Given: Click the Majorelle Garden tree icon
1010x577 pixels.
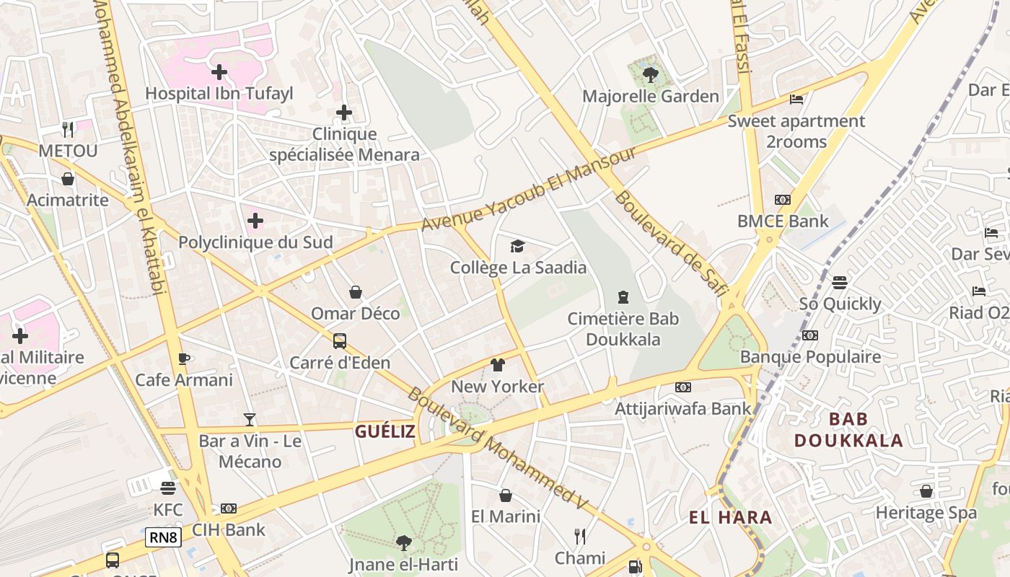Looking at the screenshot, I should [650, 74].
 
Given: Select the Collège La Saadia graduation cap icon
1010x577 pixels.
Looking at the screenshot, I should [517, 247].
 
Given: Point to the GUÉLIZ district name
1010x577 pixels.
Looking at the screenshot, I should [385, 431].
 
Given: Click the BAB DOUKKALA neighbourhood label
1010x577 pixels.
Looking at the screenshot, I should [848, 430].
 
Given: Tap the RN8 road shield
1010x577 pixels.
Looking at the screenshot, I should [163, 537].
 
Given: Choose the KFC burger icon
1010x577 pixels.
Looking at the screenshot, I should [168, 488].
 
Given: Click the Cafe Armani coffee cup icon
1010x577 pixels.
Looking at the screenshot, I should [184, 358].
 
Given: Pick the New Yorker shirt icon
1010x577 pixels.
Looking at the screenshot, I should [497, 365].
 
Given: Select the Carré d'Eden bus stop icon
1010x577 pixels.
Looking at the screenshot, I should [340, 341].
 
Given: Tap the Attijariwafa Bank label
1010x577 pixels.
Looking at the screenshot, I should [682, 409].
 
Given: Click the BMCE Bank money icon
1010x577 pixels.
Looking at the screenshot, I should [783, 200].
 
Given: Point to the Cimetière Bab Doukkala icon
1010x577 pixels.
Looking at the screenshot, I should [623, 296].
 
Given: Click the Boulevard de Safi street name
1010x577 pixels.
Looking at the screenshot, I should [670, 245].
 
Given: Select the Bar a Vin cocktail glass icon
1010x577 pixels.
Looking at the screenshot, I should [250, 419].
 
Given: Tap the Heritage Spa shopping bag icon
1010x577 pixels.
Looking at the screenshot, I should [926, 491].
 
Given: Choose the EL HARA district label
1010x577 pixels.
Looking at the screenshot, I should [730, 517].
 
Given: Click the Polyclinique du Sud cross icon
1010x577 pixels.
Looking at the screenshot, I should [255, 220].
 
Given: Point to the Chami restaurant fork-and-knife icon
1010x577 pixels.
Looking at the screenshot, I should [579, 536].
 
